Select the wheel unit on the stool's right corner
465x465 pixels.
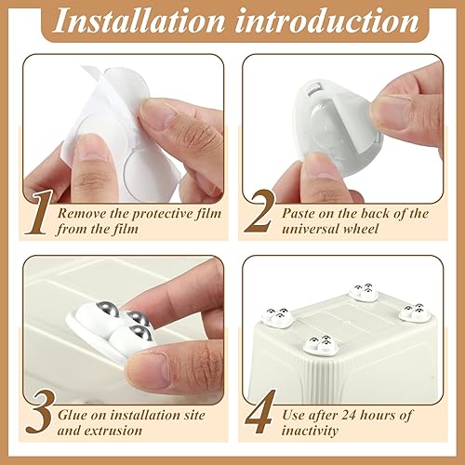411,312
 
